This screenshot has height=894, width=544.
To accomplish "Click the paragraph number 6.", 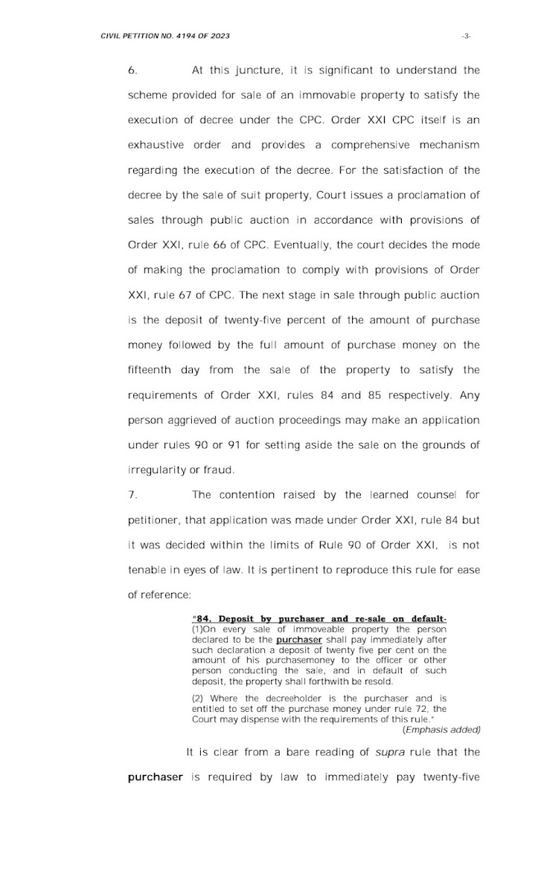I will coord(132,71).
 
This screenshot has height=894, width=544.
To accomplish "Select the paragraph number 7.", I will coord(132,494).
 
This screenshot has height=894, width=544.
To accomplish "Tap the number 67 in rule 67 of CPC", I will coord(188,295).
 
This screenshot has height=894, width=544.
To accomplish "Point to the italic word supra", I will coord(385,753).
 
